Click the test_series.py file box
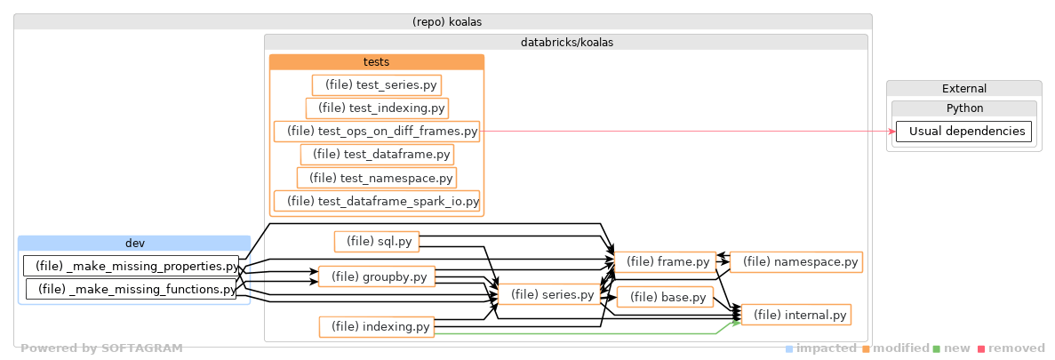coord(377,84)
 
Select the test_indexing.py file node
coord(377,108)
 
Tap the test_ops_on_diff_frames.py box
coord(377,132)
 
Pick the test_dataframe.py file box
coord(377,155)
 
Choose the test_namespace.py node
coord(377,178)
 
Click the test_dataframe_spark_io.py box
coord(377,201)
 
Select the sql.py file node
coord(377,241)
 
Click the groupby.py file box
coord(377,276)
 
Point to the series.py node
coord(550,294)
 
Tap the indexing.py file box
coord(377,327)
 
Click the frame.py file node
coord(665,261)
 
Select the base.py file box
coord(665,297)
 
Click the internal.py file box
coord(796,315)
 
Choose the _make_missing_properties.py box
coord(132,266)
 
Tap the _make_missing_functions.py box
coord(132,289)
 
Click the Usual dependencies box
coord(963,132)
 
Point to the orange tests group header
coord(377,62)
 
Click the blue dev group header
coord(134,243)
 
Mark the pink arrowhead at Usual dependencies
coord(891,132)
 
